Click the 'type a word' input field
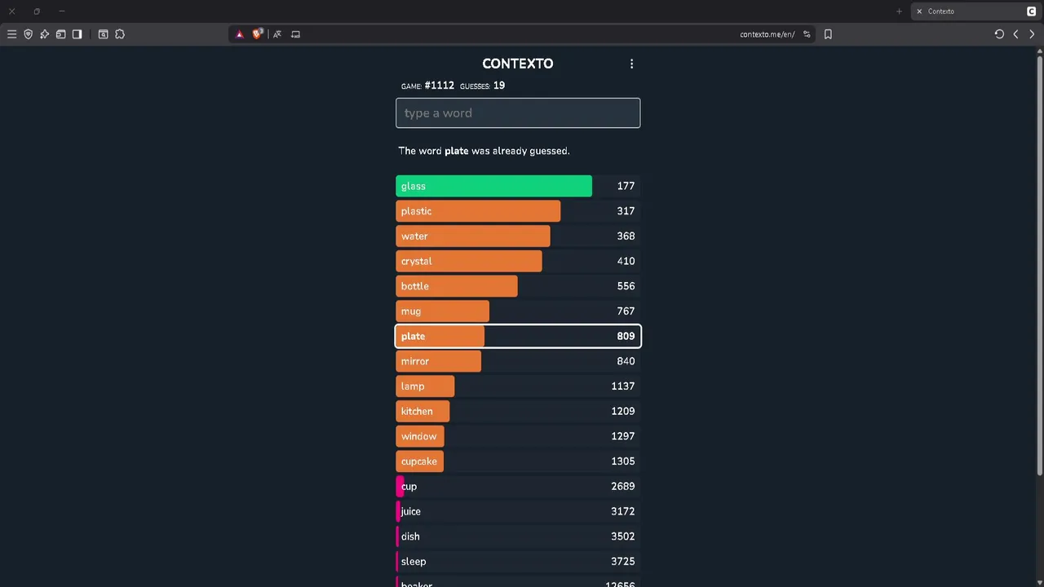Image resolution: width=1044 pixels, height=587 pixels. (518, 113)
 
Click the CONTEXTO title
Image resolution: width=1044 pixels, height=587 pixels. (517, 64)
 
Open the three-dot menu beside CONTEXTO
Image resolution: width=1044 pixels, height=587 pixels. (631, 64)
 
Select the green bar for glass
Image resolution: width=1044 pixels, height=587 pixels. (493, 186)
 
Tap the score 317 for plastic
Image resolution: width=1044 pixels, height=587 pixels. (626, 211)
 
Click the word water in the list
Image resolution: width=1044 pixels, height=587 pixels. (414, 236)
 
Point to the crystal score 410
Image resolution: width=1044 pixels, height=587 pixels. (626, 261)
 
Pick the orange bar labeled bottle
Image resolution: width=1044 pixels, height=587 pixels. (456, 286)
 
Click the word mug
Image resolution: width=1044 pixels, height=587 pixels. (411, 311)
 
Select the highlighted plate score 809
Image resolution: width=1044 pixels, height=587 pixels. (626, 336)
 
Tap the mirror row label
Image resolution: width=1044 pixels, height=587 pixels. (415, 361)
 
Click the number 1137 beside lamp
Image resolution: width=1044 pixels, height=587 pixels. (622, 386)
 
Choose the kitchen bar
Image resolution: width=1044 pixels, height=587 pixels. (422, 412)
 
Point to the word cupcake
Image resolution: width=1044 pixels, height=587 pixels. (419, 461)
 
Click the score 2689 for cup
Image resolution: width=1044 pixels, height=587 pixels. (622, 487)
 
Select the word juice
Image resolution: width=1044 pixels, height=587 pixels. (411, 511)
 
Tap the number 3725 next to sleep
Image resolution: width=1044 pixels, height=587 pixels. (622, 562)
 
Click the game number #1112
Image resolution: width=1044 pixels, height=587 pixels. (439, 86)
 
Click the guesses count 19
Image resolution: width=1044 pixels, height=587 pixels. (499, 86)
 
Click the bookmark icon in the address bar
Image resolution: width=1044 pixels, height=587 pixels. (828, 34)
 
